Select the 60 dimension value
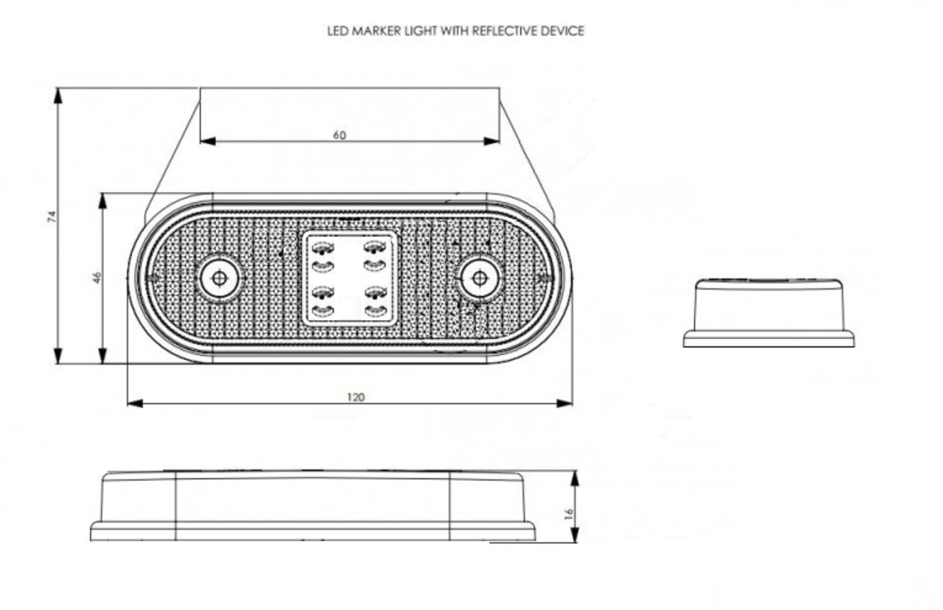point(340,135)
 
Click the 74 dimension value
point(52,217)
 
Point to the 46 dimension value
point(98,277)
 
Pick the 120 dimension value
point(355,397)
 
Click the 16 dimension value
point(569,513)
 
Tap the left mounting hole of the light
point(219,278)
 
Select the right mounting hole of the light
point(479,278)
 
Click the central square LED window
point(349,278)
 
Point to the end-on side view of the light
point(769,312)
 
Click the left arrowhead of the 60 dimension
point(207,141)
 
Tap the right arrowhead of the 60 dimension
point(491,141)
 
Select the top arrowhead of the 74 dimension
point(59,96)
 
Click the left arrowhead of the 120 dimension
point(135,403)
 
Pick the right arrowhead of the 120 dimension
point(565,403)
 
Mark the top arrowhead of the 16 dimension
point(575,479)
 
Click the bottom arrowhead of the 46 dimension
point(104,355)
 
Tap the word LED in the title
point(337,31)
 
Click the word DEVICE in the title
point(562,31)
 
